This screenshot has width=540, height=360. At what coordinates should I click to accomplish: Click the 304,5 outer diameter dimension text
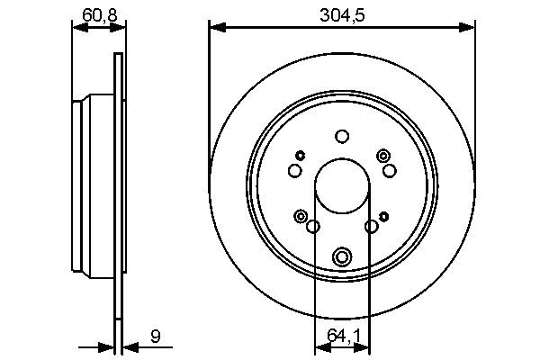(x=341, y=13)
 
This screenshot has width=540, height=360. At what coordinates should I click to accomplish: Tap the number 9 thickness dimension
(x=155, y=337)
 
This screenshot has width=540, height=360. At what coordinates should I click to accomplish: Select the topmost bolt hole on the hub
(x=341, y=137)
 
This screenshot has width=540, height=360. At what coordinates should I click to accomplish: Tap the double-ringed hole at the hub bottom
(x=341, y=257)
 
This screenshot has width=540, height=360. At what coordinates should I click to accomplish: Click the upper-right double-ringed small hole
(x=384, y=155)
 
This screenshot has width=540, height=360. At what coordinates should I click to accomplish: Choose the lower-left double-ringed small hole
(x=300, y=215)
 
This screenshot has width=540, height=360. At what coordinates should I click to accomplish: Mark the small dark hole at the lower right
(x=384, y=215)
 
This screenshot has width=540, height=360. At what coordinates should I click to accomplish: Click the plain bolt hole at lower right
(x=371, y=227)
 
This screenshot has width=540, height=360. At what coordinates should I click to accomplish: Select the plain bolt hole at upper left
(x=294, y=170)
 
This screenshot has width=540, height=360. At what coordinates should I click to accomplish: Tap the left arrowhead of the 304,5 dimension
(x=215, y=27)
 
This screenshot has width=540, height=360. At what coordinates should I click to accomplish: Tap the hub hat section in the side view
(x=90, y=189)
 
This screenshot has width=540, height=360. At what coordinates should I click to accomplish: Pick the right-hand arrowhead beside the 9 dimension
(x=128, y=347)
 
